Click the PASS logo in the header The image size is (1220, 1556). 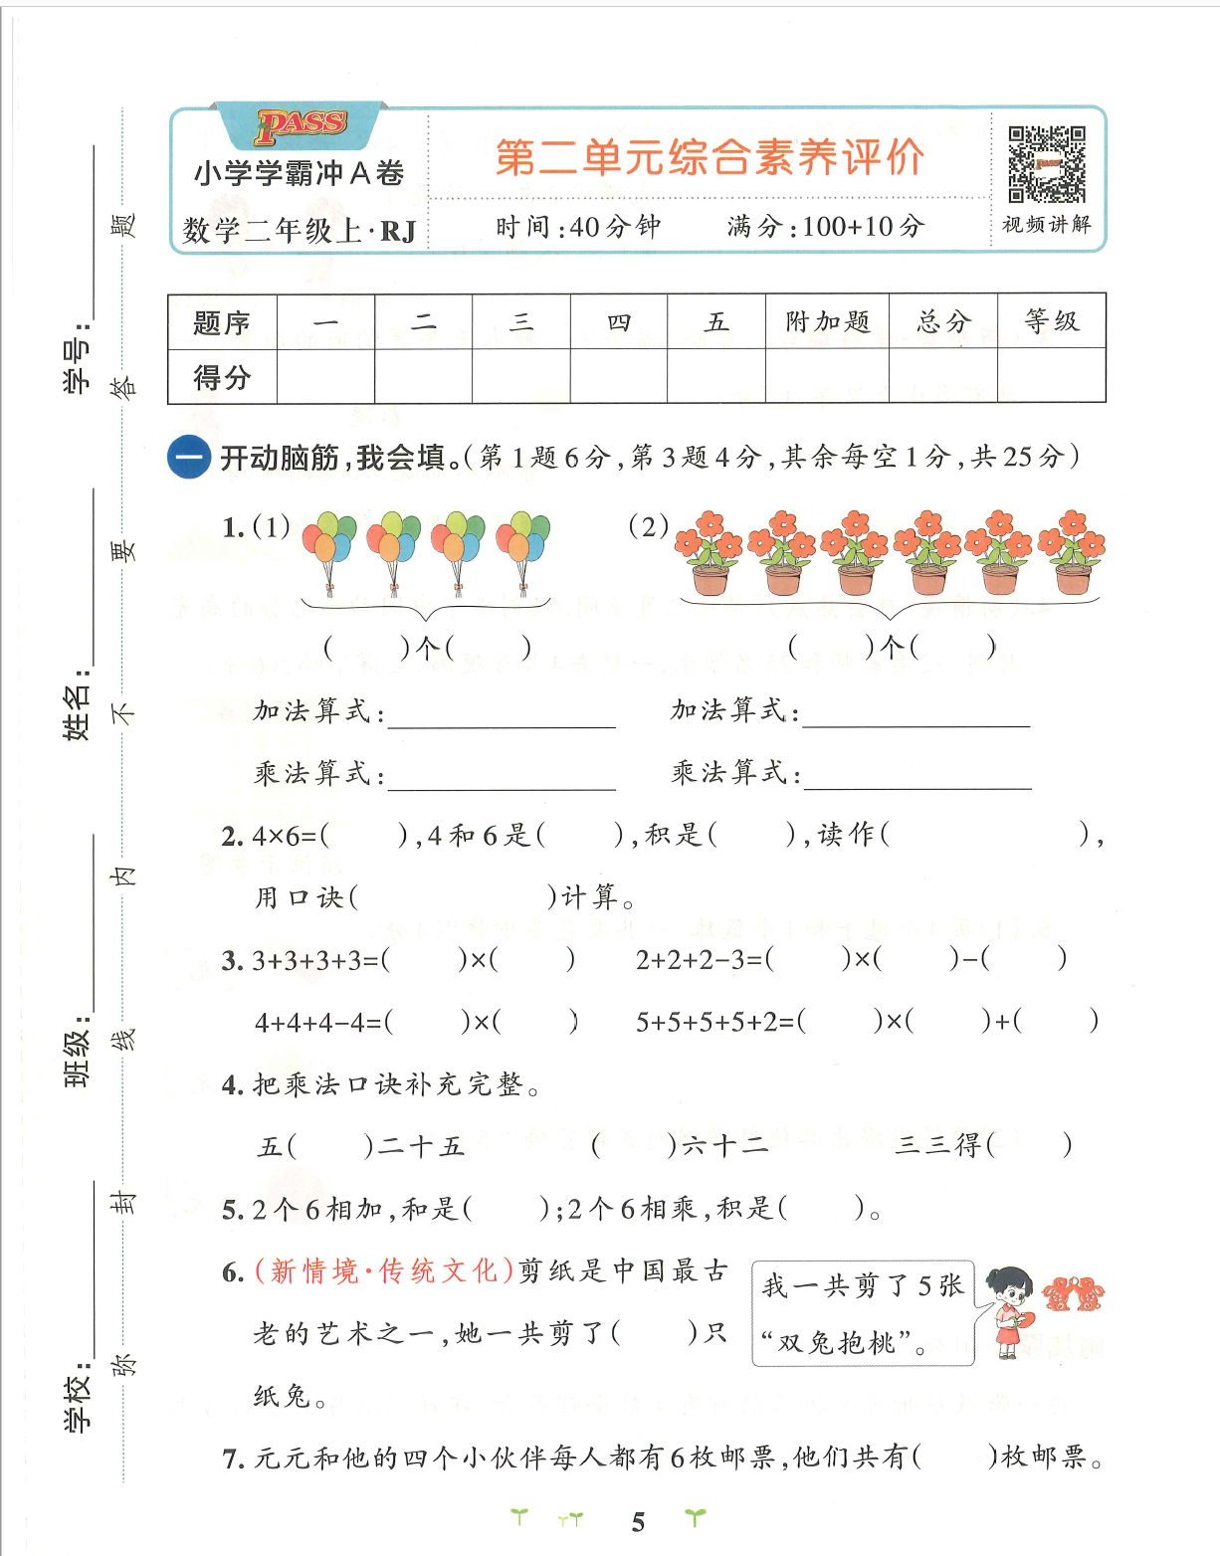tap(301, 125)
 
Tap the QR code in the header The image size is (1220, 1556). tap(1046, 164)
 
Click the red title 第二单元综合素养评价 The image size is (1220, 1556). tap(710, 157)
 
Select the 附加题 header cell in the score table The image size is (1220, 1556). tap(827, 321)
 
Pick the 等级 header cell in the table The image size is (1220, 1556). tap(1051, 320)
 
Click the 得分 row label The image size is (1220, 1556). tap(222, 377)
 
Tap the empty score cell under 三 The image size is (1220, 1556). tap(521, 376)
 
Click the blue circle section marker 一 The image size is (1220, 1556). tap(189, 458)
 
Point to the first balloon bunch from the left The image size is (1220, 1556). tap(329, 550)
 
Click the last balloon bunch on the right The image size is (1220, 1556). tap(522, 550)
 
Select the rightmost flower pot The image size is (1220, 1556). tap(1072, 553)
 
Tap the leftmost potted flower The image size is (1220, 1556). tap(709, 553)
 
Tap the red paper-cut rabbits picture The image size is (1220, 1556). tap(1073, 1293)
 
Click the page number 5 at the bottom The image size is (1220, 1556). tap(638, 1521)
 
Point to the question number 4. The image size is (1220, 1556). tap(232, 1084)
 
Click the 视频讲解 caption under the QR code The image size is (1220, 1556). tap(1046, 225)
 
